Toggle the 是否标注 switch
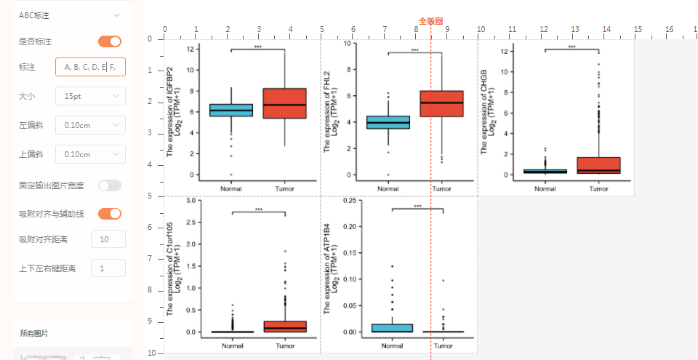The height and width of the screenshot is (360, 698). [110, 41]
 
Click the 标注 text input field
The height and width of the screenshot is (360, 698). [90, 68]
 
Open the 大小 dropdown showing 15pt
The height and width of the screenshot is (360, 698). [90, 96]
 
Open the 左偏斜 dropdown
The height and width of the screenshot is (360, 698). [90, 125]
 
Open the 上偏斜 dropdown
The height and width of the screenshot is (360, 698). [90, 154]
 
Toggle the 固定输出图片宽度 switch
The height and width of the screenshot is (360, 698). [110, 185]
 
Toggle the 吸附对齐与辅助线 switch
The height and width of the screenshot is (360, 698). [110, 214]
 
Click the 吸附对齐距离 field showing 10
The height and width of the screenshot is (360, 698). [108, 239]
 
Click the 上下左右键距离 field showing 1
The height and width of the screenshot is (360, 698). [108, 268]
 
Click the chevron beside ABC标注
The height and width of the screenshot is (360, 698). [116, 15]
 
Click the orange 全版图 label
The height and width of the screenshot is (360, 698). [430, 22]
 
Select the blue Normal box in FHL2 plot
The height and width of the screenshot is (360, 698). [388, 122]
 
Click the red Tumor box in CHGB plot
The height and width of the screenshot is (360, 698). [598, 165]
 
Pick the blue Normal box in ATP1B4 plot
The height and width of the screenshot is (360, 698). [391, 328]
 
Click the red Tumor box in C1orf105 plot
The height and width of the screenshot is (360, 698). [285, 327]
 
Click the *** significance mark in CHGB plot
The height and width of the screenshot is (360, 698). [571, 47]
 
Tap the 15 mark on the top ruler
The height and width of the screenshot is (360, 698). [638, 30]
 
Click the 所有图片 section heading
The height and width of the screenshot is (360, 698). [34, 333]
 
